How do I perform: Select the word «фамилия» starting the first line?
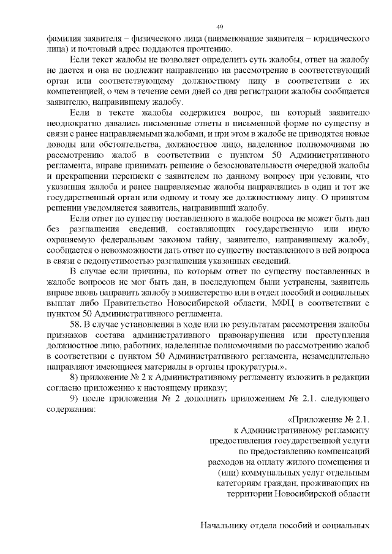click(65, 39)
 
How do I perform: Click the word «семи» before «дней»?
click(181, 91)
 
